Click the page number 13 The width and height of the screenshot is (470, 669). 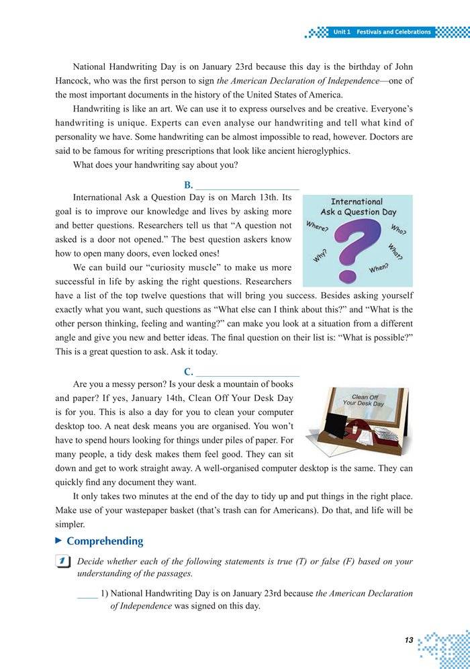tap(408, 640)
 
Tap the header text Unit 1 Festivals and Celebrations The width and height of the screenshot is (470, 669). tap(381, 32)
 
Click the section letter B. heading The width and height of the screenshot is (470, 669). tap(189, 185)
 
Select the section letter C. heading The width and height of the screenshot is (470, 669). tap(189, 371)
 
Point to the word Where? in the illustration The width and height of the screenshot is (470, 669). tap(317, 226)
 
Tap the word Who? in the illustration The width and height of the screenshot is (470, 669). tap(398, 229)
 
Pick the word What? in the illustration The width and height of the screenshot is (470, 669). tap(395, 251)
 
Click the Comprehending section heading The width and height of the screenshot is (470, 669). tap(105, 541)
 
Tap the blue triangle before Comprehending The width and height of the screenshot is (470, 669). tap(59, 540)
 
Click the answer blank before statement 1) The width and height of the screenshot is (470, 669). tap(87, 594)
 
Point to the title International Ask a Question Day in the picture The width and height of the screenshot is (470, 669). tap(358, 207)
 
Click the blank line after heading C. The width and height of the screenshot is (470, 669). tap(248, 373)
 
